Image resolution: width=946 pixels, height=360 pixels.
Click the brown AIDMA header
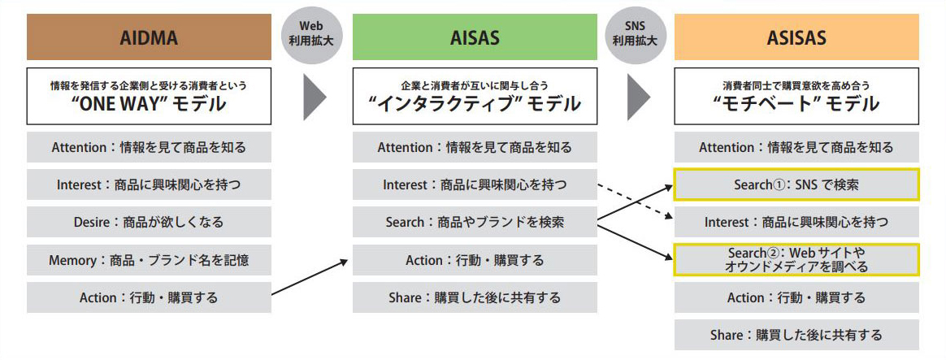[148, 37]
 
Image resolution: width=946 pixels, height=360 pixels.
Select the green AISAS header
[474, 37]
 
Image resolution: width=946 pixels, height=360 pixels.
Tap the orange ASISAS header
[796, 37]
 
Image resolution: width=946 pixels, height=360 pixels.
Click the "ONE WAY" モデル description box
[149, 96]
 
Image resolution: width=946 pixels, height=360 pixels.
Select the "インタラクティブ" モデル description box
[474, 96]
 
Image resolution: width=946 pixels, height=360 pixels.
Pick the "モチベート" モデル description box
[796, 96]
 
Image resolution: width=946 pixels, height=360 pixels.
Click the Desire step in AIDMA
[149, 222]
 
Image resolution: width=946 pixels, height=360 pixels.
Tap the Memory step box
[149, 260]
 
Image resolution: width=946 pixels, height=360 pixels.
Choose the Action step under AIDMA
[149, 297]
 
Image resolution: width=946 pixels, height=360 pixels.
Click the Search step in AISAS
[474, 222]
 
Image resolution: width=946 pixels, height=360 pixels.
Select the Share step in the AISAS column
[474, 297]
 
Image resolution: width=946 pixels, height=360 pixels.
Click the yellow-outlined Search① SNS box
[796, 184]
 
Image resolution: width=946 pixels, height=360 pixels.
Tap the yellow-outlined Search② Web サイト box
[796, 260]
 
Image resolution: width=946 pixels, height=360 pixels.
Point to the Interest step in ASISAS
[796, 222]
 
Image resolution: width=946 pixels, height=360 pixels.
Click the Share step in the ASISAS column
[796, 335]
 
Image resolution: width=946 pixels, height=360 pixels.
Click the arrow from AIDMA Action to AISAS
[310, 277]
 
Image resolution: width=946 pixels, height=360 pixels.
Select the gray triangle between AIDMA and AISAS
[313, 97]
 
